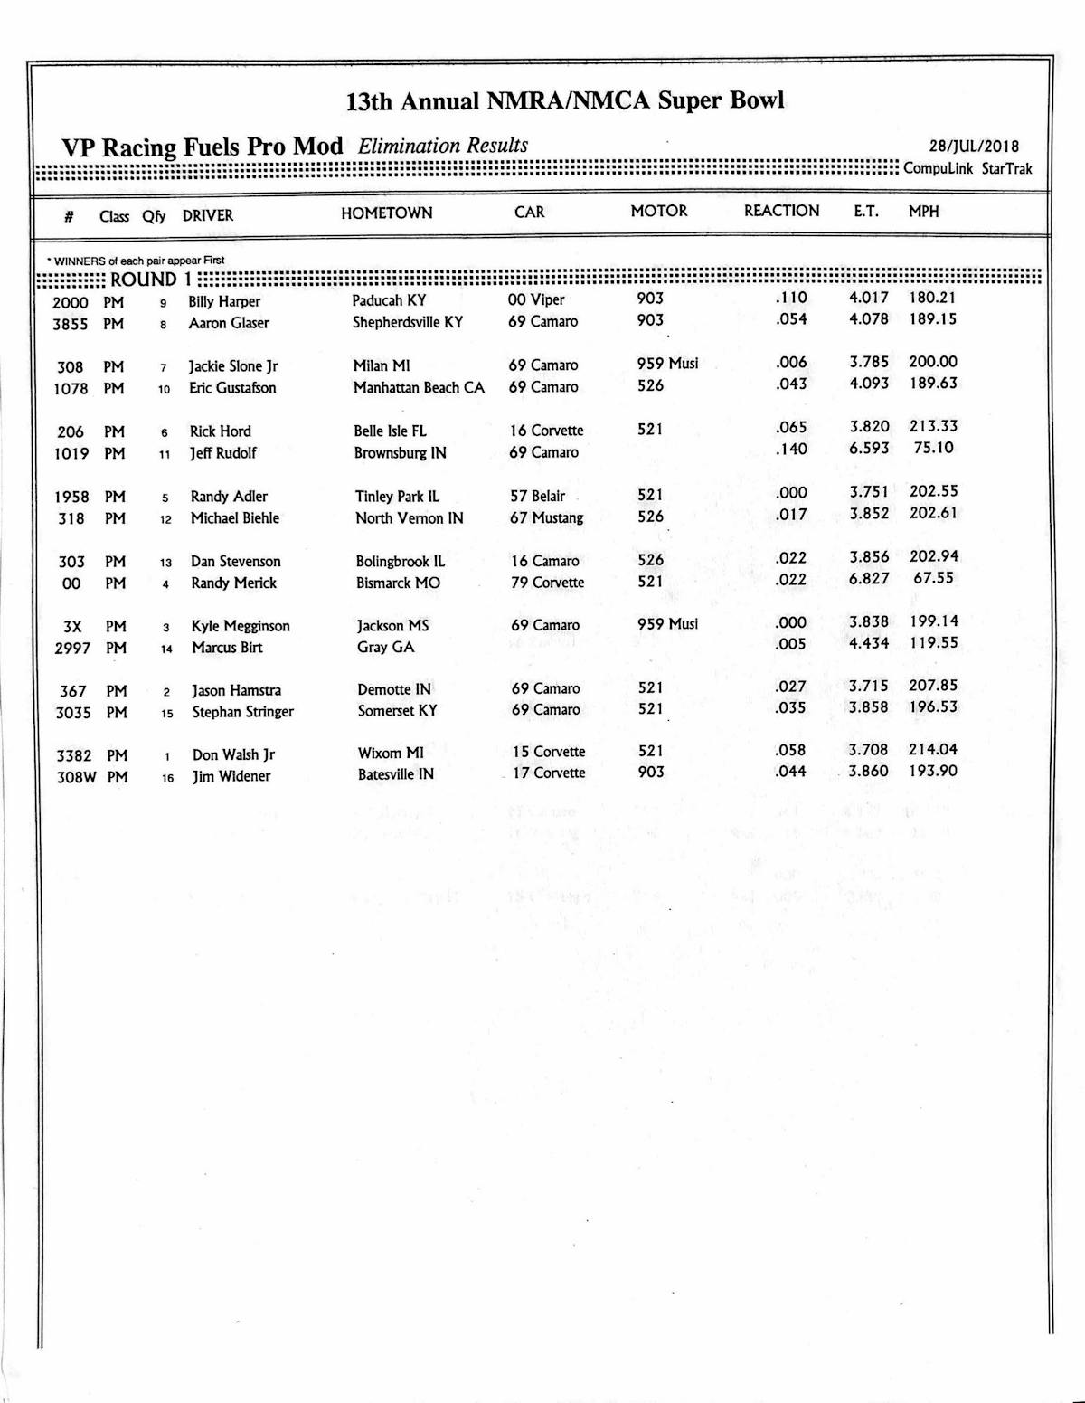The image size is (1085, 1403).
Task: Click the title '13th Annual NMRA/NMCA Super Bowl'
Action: point(564,100)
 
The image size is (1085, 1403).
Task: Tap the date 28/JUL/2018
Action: point(974,147)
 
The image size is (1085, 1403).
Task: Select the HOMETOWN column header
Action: point(386,213)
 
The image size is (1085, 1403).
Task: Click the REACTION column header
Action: point(781,211)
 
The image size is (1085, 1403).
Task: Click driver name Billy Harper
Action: point(224,301)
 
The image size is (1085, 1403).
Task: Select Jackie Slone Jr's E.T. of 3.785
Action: point(868,362)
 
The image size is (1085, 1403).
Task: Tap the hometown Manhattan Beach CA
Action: point(419,387)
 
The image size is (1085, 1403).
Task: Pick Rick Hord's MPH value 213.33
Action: point(933,426)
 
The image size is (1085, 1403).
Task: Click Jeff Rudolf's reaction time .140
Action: point(791,449)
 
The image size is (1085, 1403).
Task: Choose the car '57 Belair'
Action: point(537,496)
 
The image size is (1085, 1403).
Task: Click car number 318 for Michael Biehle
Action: point(71,518)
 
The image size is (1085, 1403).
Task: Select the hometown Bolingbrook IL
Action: point(400,561)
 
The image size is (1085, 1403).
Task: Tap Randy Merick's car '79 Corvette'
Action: point(547,583)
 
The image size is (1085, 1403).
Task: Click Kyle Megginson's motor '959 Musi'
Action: point(667,624)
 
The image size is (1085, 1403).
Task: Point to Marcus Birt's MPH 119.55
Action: point(933,643)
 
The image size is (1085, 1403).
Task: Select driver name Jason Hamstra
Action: point(236,690)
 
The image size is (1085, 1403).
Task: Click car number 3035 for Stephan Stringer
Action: point(73,713)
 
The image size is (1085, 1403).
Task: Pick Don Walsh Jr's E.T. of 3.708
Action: point(868,750)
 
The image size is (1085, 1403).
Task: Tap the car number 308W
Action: point(76,777)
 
